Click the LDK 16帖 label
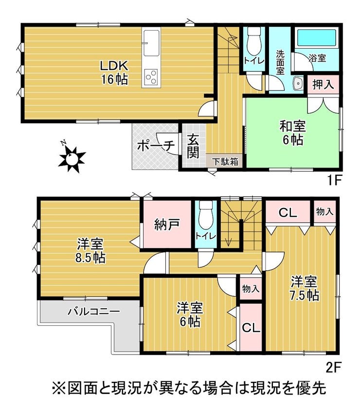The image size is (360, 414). tap(114, 73)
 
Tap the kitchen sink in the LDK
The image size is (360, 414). tap(151, 42)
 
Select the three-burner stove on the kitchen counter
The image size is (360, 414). tap(151, 77)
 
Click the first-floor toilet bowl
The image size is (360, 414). tap(254, 41)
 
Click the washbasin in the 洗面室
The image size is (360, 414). tap(298, 84)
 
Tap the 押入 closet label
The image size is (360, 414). tap(323, 84)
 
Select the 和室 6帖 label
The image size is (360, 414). tap(293, 133)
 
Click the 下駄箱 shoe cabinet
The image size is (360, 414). tap(226, 161)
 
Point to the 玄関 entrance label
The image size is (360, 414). tap(193, 146)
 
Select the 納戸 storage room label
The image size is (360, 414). tap(167, 224)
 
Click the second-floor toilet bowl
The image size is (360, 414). tap(206, 215)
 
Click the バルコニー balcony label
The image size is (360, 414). tap(94, 312)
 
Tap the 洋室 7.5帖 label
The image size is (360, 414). tap(305, 289)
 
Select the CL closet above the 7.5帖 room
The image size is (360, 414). tap(288, 212)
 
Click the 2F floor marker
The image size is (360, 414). tap(334, 367)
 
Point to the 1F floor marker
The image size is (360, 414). tap(334, 181)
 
